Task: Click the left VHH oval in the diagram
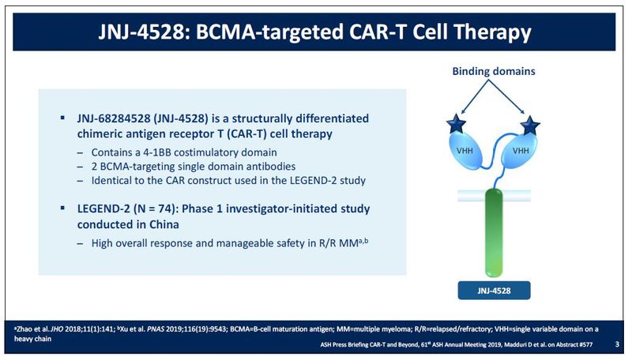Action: pos(466,150)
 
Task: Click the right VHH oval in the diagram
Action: pos(520,150)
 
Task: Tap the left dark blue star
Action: pos(457,123)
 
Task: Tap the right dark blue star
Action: pos(529,126)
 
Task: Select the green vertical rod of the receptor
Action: pos(494,233)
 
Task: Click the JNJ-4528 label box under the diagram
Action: pos(494,291)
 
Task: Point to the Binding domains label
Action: pos(494,71)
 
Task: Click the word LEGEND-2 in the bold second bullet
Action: pos(103,208)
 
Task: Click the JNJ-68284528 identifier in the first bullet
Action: pos(114,118)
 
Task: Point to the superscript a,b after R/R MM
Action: pos(363,241)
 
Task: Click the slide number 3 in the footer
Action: pos(617,344)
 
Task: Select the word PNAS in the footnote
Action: pos(156,329)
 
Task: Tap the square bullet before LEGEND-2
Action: pos(62,208)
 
